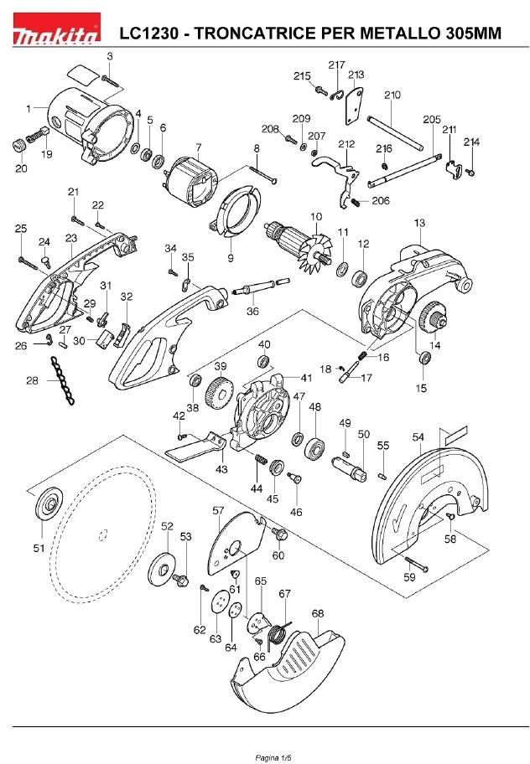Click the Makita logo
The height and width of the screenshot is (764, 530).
coord(56,29)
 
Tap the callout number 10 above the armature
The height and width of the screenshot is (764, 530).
coord(316,216)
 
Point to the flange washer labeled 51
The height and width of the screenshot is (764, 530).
coord(49,505)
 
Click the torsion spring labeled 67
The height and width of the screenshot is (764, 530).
coord(278,634)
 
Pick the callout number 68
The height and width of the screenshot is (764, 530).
coord(318,613)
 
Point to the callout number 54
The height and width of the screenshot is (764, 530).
coord(418,437)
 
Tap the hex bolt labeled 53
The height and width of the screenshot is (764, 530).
coord(181,579)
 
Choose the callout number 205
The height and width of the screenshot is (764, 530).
coord(432,119)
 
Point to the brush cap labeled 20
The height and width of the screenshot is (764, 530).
coord(20,145)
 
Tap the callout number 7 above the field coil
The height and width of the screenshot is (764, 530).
coord(199,147)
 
